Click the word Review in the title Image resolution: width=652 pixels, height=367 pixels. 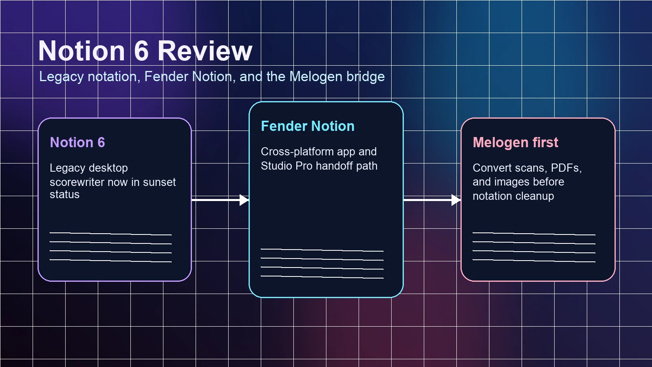pos(205,51)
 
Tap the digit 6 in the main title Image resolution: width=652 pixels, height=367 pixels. pos(141,51)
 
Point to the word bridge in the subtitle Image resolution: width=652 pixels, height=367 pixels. pos(366,77)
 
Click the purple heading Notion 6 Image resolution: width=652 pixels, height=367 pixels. pos(77,142)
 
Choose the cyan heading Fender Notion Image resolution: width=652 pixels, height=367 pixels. pos(308,126)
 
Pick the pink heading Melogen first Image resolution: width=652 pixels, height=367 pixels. pos(515,142)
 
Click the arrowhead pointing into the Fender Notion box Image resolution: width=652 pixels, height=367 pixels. pos(244,200)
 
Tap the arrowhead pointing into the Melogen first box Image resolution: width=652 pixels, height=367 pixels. pos(456,200)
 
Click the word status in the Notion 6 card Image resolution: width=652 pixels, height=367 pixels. pos(64,195)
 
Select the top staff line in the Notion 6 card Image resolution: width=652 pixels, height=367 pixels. pos(110,234)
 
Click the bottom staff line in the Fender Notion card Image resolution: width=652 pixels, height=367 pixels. pos(322,277)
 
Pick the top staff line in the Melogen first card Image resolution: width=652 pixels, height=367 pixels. pos(534,234)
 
